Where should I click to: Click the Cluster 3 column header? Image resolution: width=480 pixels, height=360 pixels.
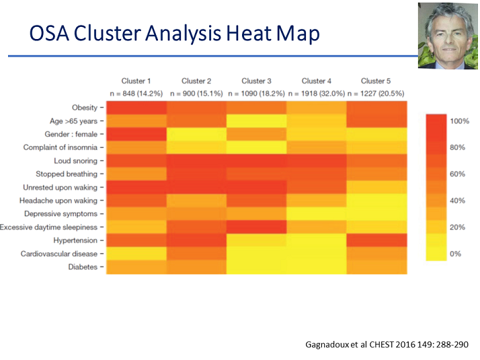[256, 81]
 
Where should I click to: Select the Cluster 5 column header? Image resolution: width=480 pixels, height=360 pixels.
[376, 81]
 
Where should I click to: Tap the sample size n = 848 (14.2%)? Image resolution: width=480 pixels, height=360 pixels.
[136, 94]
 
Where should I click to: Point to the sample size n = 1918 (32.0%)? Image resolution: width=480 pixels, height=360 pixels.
[317, 94]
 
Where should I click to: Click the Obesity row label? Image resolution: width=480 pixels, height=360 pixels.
[85, 108]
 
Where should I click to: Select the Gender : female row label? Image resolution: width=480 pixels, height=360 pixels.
[71, 134]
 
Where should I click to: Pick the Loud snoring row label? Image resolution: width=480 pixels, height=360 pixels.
[75, 161]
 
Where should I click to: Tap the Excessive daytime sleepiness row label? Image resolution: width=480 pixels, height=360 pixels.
[48, 227]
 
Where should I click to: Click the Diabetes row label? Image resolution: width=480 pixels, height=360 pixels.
[83, 267]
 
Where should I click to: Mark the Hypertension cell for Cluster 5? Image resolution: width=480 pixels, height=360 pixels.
[377, 240]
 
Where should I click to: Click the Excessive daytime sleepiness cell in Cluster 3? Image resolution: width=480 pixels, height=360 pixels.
[257, 227]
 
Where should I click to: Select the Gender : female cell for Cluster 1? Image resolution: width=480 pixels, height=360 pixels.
[136, 134]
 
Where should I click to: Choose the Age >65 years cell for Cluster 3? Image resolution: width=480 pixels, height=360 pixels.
[257, 120]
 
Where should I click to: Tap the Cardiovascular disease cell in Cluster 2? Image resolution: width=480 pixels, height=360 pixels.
[196, 254]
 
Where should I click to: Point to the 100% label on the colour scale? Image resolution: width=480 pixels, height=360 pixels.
[459, 121]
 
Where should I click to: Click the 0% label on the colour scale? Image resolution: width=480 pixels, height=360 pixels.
[455, 254]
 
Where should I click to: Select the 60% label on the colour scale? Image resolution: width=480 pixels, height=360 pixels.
[457, 174]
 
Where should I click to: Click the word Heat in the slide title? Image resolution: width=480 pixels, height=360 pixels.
[249, 33]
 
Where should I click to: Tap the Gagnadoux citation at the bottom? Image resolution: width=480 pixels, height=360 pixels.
[387, 345]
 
